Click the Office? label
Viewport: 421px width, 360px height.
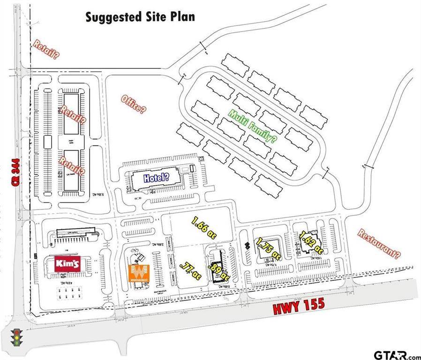(134, 104)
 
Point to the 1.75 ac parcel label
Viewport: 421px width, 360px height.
(268, 248)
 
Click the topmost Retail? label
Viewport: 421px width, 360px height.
(46, 50)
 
